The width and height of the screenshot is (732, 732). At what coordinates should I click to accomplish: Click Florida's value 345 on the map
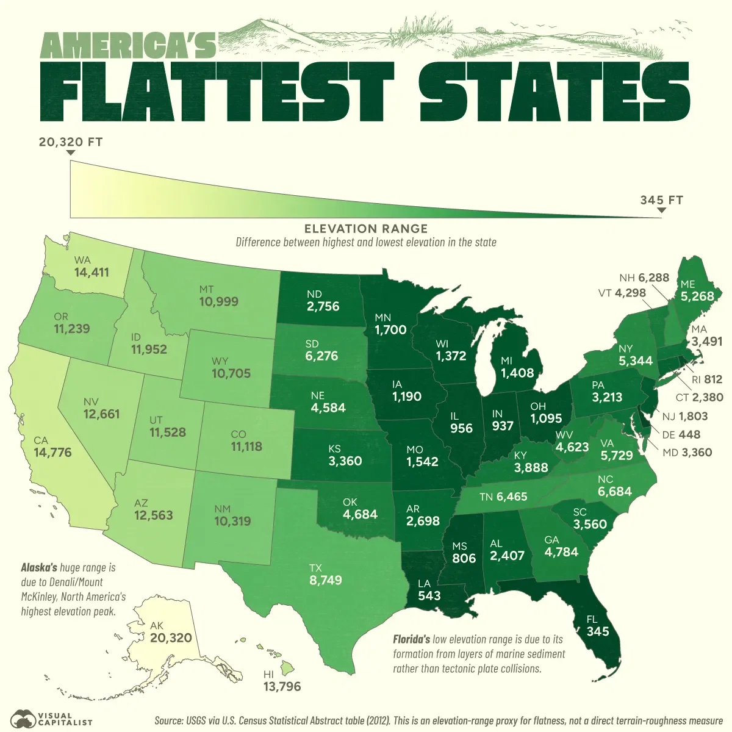(597, 631)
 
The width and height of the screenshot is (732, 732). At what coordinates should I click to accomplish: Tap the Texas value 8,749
(326, 580)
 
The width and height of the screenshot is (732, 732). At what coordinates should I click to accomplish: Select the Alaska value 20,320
(171, 638)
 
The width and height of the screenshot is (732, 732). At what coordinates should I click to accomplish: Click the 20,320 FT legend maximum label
(71, 142)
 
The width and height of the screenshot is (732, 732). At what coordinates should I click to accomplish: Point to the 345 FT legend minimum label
(661, 200)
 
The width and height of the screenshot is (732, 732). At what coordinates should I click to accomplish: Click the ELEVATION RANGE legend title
(366, 229)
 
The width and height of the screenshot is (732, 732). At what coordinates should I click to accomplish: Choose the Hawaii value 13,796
(282, 687)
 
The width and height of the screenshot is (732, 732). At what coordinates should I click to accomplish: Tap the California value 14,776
(52, 453)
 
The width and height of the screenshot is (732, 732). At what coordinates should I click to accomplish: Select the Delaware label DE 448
(681, 435)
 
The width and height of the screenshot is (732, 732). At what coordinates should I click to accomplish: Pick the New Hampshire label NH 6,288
(644, 278)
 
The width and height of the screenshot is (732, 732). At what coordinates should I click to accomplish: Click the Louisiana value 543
(429, 595)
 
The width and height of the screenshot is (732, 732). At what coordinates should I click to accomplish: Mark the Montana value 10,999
(218, 301)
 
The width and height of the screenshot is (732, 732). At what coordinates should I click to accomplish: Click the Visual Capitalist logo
(51, 718)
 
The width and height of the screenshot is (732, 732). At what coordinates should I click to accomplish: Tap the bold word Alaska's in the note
(39, 567)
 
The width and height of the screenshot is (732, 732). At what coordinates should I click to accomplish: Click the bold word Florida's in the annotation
(411, 640)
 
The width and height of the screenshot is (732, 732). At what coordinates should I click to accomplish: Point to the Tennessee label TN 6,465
(503, 497)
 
